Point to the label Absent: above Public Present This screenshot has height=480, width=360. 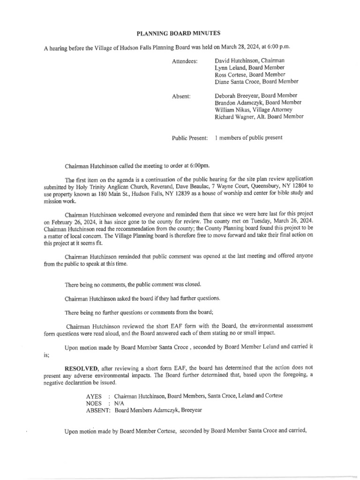[181, 96]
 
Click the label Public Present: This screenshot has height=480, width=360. [190, 138]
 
